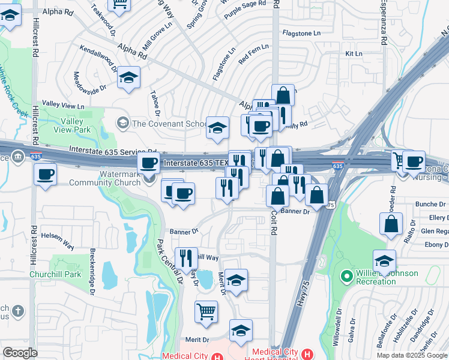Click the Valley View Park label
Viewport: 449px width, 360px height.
click(x=71, y=125)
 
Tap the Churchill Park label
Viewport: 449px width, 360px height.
click(x=55, y=275)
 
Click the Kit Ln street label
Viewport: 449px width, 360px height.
click(x=354, y=54)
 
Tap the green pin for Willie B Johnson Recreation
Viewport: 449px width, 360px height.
click(x=345, y=277)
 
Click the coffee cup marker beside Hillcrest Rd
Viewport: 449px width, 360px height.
click(x=46, y=175)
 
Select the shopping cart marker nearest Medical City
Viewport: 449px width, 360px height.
click(x=206, y=311)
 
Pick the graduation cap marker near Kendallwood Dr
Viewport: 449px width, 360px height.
click(x=128, y=79)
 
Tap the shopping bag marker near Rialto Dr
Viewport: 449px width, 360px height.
click(x=391, y=224)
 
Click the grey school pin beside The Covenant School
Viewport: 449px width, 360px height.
click(x=122, y=123)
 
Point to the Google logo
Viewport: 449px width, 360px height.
click(x=20, y=352)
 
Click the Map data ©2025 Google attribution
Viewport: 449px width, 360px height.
click(x=411, y=355)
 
